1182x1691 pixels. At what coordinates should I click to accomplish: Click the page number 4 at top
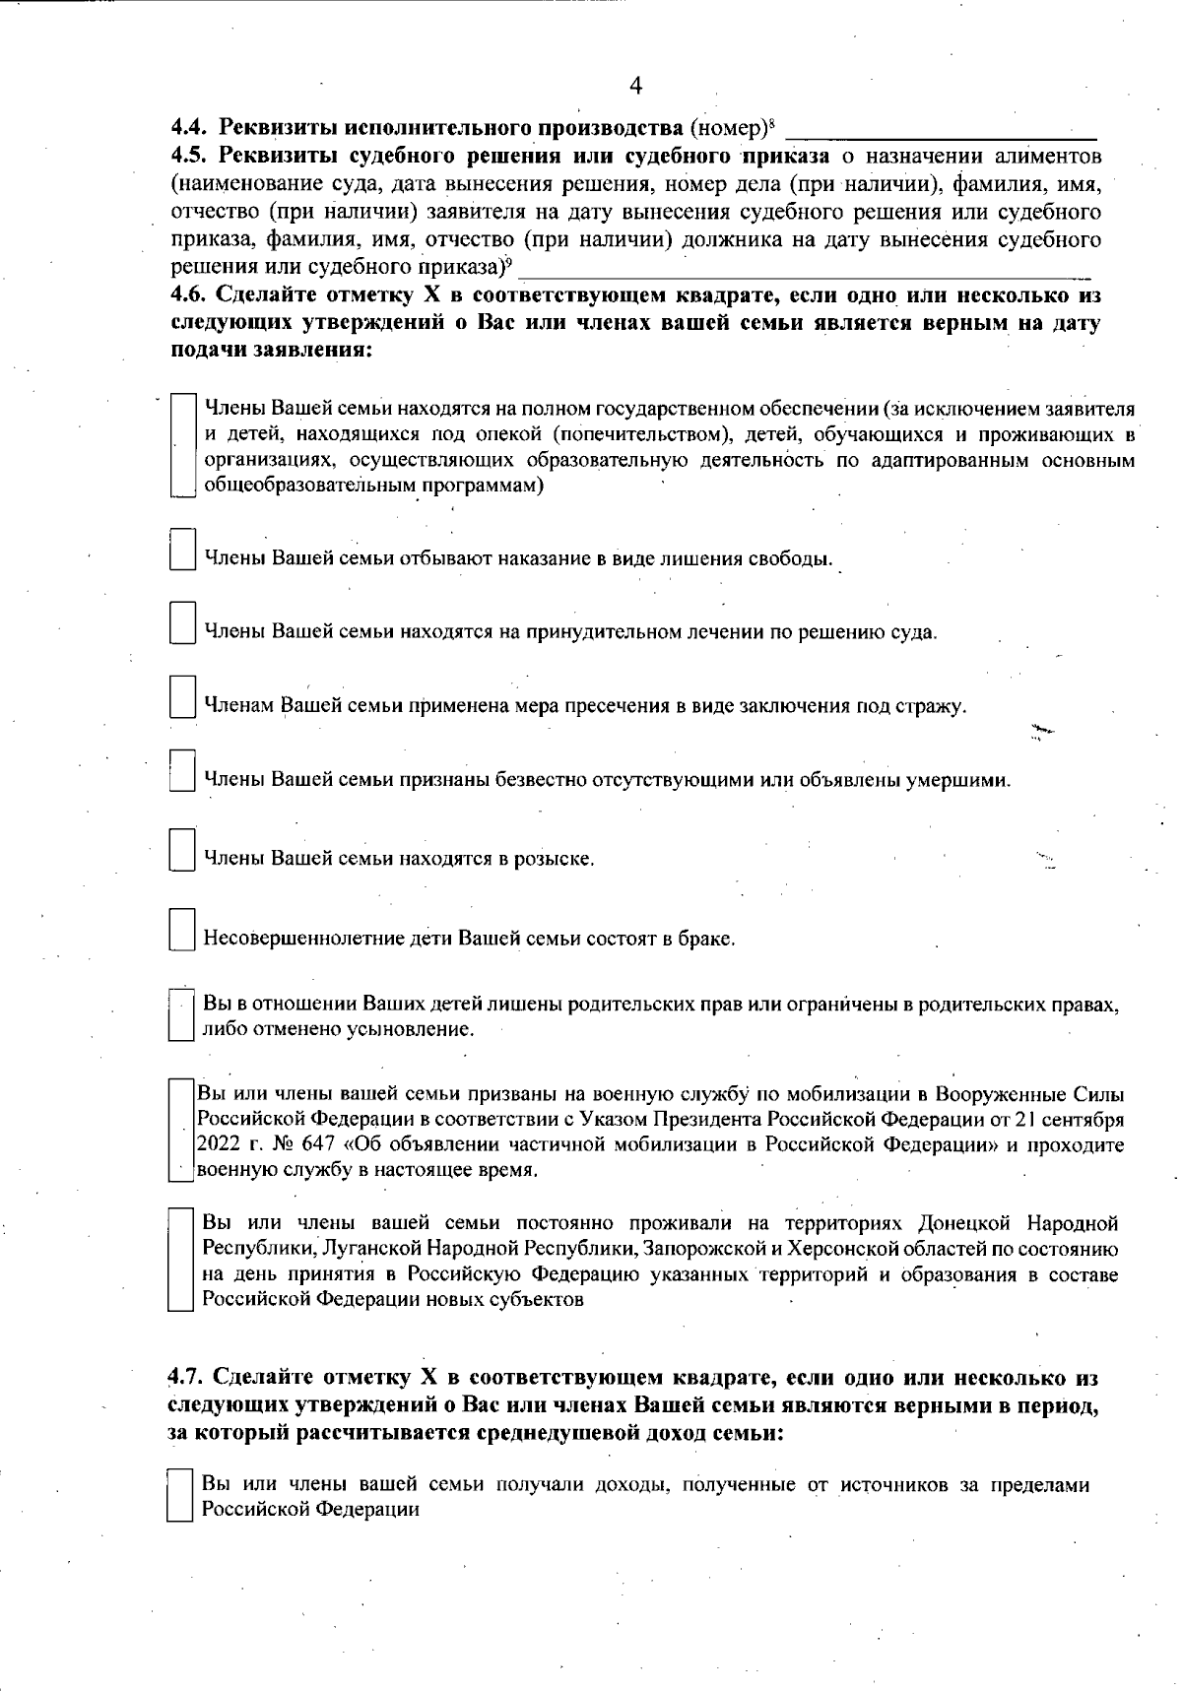coord(635,87)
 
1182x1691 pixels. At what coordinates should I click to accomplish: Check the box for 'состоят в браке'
coord(181,929)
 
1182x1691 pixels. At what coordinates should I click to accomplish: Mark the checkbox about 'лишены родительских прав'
coord(179,1015)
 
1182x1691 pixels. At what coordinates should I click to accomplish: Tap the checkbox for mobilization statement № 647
coord(179,1131)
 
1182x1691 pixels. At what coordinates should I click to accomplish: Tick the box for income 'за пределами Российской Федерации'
coord(178,1496)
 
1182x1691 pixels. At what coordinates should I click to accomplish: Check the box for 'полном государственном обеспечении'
coord(183,447)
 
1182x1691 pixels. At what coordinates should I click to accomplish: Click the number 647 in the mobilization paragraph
coord(304,1145)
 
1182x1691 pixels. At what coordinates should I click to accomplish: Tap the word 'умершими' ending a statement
coord(970,780)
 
